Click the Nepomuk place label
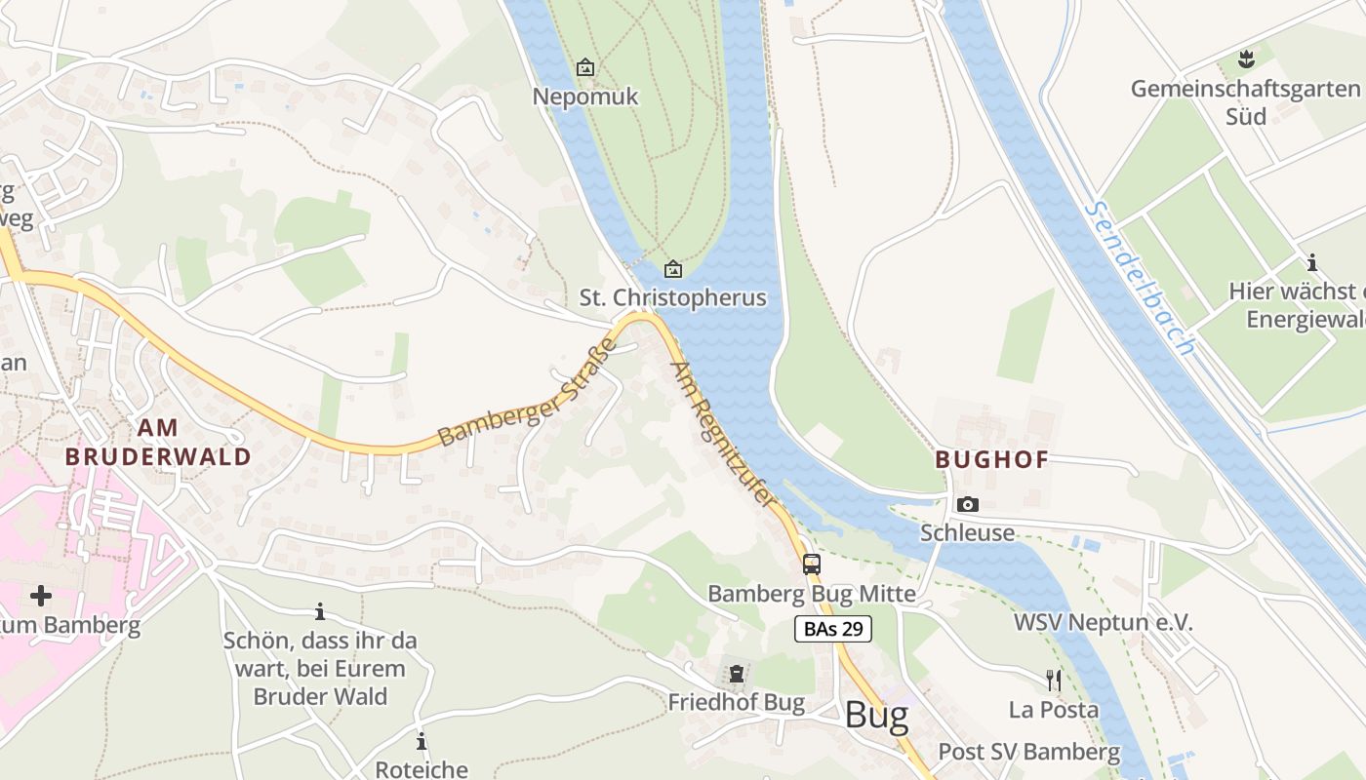[x=585, y=97]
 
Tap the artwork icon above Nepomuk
[x=585, y=67]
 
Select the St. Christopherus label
[x=673, y=297]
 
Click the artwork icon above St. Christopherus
[x=672, y=268]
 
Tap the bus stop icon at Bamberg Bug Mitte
[x=812, y=564]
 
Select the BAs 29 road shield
[x=832, y=629]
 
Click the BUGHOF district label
[x=991, y=459]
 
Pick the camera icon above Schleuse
[x=967, y=504]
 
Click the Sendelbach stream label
[x=1139, y=279]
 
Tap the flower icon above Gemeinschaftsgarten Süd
[x=1246, y=59]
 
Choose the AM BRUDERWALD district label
[x=158, y=442]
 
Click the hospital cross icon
[x=40, y=595]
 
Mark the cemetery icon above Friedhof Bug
[x=736, y=674]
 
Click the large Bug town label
[x=876, y=716]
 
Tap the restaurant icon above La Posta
[x=1054, y=680]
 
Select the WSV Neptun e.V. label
[x=1103, y=623]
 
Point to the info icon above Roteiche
[x=422, y=741]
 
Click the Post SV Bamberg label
[x=1028, y=752]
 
